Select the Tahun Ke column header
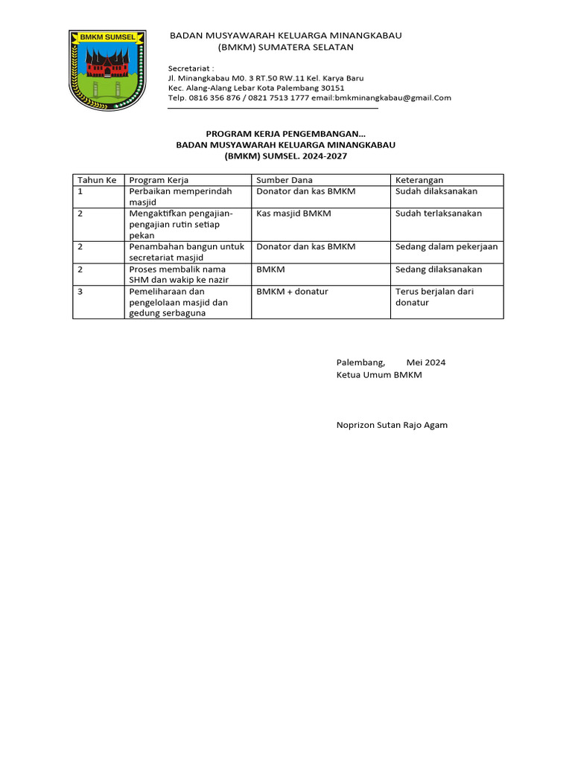[x=97, y=180]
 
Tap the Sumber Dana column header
[x=285, y=180]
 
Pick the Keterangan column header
[x=419, y=180]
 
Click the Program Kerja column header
[x=159, y=180]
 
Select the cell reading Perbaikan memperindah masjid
[x=180, y=196]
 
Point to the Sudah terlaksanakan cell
[x=439, y=214]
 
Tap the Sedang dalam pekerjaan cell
[x=446, y=246]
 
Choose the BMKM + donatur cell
[x=292, y=292]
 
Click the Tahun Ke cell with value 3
[x=80, y=292]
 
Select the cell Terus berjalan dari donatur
[x=434, y=297]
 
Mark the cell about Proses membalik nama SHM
[x=177, y=275]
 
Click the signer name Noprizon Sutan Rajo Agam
[x=392, y=425]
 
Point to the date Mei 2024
[x=425, y=362]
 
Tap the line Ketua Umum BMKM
[x=379, y=375]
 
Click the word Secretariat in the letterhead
[x=189, y=66]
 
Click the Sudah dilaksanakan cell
[x=436, y=191]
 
